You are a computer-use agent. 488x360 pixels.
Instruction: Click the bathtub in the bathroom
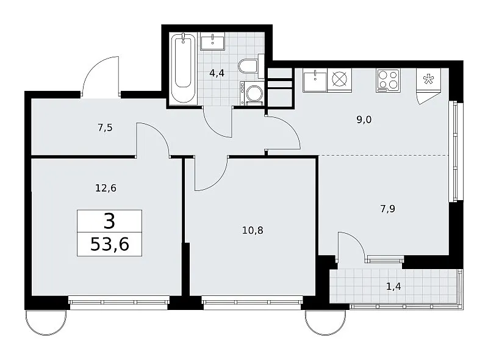point(183,68)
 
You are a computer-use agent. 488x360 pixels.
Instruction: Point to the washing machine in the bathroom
point(252,93)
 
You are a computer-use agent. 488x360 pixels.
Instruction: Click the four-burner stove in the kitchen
point(388,80)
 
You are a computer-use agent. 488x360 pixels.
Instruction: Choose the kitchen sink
point(315,81)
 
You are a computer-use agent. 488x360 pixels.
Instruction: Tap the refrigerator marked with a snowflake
point(428,80)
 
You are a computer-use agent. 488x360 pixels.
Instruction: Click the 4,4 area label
point(217,73)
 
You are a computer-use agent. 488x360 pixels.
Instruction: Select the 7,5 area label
point(105,128)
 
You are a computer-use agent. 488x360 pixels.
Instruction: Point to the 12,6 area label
point(106,188)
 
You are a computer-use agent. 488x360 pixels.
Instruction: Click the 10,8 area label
point(253,231)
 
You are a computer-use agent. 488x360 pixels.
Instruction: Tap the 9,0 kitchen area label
point(364,120)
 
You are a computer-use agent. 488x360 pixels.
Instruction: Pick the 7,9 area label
point(387,208)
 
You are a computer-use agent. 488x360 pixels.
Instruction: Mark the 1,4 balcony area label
point(393,286)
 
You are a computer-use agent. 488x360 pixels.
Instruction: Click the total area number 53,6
point(110,244)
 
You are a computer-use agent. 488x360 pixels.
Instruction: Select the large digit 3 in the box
point(110,221)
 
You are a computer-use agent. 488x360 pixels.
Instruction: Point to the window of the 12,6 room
point(118,302)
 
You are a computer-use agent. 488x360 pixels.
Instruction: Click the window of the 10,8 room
point(252,302)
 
